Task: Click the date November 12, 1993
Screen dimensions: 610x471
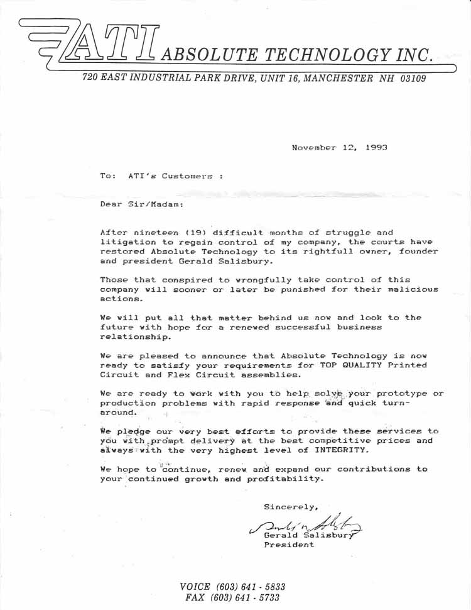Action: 339,147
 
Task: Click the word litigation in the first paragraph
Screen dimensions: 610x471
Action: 126,241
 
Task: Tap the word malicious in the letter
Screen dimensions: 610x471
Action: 413,289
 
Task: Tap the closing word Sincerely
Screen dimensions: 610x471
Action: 291,506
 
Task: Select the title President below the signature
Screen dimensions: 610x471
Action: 289,545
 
